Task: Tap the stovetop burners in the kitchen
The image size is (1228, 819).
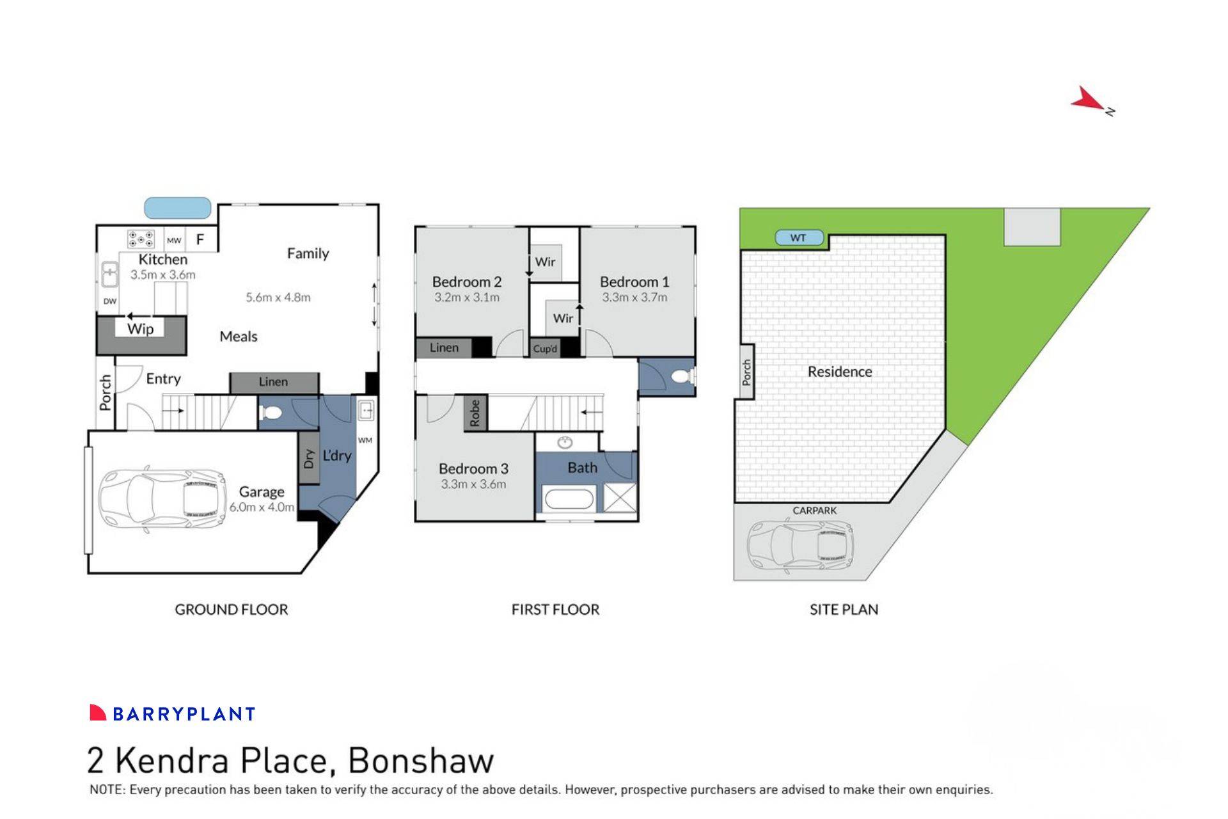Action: point(141,239)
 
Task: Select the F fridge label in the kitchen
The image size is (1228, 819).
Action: point(200,240)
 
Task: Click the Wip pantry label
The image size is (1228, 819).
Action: point(140,329)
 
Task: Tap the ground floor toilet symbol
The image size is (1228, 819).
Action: point(271,413)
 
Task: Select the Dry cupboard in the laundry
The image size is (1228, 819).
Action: point(309,458)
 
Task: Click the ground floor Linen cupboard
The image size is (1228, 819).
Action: point(274,382)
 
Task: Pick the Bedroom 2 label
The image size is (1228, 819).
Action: point(466,282)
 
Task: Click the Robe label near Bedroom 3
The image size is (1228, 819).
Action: point(475,413)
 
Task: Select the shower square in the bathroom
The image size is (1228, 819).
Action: point(620,498)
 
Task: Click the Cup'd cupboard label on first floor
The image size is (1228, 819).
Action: point(545,349)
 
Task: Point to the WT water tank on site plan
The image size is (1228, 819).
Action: point(798,238)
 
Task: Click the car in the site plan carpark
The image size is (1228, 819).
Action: point(800,545)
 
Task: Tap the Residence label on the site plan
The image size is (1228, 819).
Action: point(839,372)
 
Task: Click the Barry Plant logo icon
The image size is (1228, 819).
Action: point(98,713)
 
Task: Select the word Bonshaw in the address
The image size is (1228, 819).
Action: point(420,761)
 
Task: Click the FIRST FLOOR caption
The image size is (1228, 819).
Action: point(555,610)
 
